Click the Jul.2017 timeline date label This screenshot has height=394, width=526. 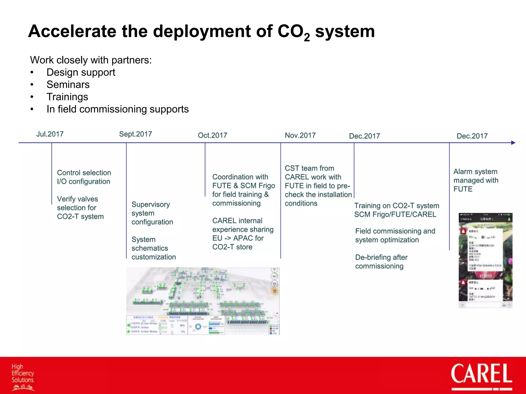tap(50, 134)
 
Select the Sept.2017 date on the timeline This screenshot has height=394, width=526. tap(135, 134)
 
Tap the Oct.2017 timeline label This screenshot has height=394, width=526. tap(212, 135)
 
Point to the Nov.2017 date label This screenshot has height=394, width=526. tap(300, 135)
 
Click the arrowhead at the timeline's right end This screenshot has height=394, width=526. tap(513, 143)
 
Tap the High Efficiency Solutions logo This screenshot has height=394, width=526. tap(23, 377)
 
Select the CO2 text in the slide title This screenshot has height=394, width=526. tap(293, 32)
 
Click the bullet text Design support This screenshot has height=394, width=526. tap(81, 72)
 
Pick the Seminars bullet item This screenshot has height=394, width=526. tap(68, 85)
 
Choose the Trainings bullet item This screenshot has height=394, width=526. tap(67, 97)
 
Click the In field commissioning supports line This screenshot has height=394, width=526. tap(117, 109)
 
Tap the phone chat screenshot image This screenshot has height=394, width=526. tap(485, 260)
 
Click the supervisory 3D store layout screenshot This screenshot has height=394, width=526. tap(203, 301)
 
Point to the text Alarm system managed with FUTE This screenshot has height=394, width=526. tap(475, 180)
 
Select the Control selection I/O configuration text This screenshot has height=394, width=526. tap(84, 177)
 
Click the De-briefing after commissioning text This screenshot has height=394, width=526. tap(381, 262)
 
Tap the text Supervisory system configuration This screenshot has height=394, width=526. tap(152, 213)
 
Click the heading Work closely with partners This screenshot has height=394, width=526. tap(91, 60)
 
